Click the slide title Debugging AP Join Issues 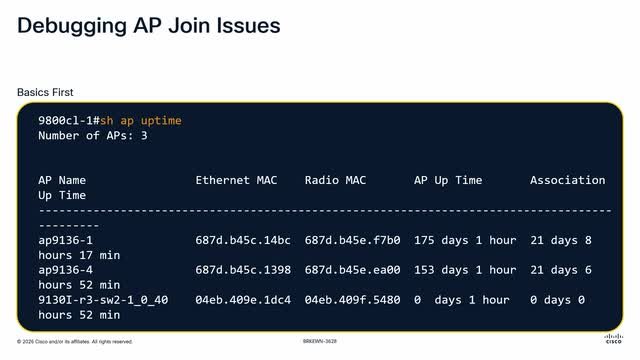[x=149, y=27]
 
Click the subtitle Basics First [x=45, y=92]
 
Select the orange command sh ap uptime [x=141, y=121]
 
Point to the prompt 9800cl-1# [x=69, y=121]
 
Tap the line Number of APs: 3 [x=93, y=136]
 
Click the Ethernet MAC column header [x=236, y=180]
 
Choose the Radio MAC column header [x=335, y=180]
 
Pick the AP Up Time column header [x=448, y=180]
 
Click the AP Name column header [x=62, y=180]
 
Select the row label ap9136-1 [x=66, y=240]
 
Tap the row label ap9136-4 [x=66, y=270]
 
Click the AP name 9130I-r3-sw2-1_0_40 [x=103, y=300]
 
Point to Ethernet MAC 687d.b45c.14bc [x=243, y=240]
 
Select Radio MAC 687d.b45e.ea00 [x=352, y=270]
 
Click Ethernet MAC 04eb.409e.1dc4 [x=243, y=300]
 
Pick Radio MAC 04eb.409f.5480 [x=352, y=300]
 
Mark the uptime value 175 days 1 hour [x=465, y=240]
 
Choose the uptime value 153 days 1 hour [x=465, y=270]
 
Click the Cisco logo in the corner [x=613, y=339]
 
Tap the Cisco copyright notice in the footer [x=75, y=342]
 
